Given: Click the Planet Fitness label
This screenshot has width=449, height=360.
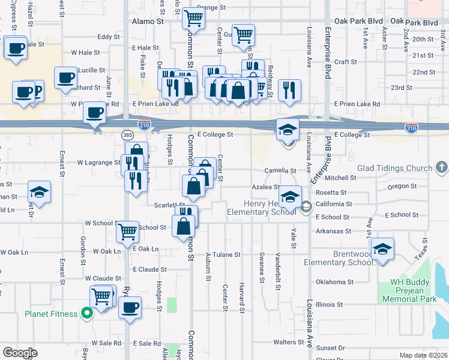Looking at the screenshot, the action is (x=51, y=314).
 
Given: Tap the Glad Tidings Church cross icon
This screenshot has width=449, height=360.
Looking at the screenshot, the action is (x=442, y=167).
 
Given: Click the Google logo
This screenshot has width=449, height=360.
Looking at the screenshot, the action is (x=19, y=353).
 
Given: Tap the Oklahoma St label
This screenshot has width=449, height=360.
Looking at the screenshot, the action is (x=335, y=281).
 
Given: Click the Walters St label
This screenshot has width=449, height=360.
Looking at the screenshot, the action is (x=289, y=342).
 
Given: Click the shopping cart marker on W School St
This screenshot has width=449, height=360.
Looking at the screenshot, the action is (x=127, y=231).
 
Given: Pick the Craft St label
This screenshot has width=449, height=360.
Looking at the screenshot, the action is (x=345, y=61).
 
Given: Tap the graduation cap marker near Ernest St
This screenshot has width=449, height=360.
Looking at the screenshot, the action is (x=40, y=192).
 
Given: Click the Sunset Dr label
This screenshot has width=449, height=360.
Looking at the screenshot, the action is (x=330, y=347).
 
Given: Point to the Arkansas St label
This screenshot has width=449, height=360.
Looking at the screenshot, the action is (x=333, y=231).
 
